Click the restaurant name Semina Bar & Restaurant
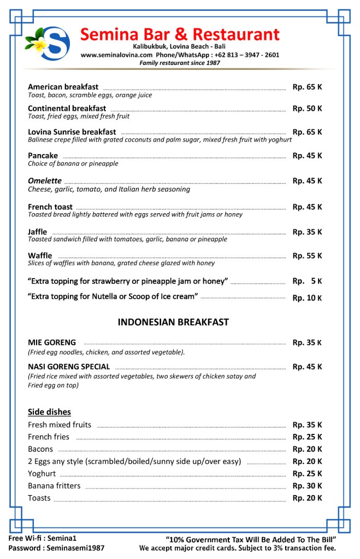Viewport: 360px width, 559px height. (x=180, y=34)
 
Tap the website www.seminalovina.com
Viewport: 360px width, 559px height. (x=116, y=55)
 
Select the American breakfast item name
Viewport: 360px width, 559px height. (x=63, y=87)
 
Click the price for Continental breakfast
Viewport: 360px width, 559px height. (x=307, y=108)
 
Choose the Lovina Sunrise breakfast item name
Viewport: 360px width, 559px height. (x=72, y=132)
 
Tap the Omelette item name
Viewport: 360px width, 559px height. (x=44, y=181)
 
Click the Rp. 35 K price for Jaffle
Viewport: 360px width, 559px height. (x=307, y=232)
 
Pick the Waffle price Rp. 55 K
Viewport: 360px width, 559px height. (x=307, y=256)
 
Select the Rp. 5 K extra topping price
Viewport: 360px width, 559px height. (x=307, y=281)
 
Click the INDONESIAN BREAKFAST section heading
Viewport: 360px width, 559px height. (x=173, y=322)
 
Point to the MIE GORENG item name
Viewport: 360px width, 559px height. (x=52, y=343)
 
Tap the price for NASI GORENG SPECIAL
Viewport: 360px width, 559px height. (x=307, y=367)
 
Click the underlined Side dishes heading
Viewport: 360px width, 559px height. (x=49, y=411)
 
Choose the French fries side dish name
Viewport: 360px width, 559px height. (x=49, y=437)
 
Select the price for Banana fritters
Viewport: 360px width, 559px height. (x=307, y=486)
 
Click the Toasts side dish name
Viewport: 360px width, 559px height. (x=39, y=498)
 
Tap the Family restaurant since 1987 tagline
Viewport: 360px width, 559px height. (x=179, y=63)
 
